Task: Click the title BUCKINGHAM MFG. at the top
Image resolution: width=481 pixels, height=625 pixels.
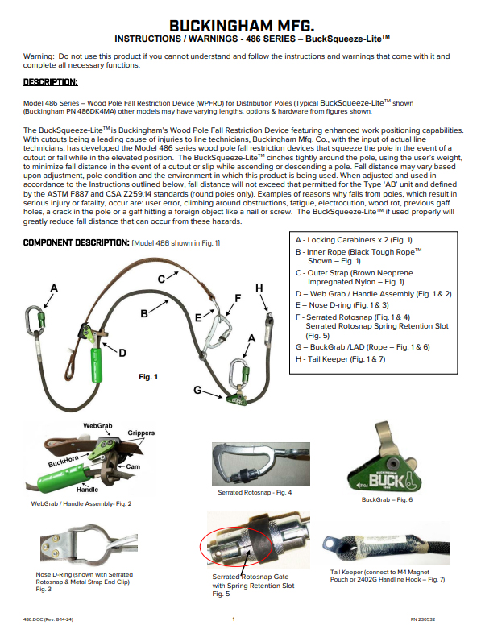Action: pos(240,23)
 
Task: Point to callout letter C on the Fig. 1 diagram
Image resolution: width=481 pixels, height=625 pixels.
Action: pos(161,278)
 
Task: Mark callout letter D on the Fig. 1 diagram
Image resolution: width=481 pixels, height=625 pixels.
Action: pos(122,352)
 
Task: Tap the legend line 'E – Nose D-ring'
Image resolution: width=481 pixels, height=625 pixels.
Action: pos(336,306)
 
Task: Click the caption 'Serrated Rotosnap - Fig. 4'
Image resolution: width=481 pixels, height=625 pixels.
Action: pos(255,491)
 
